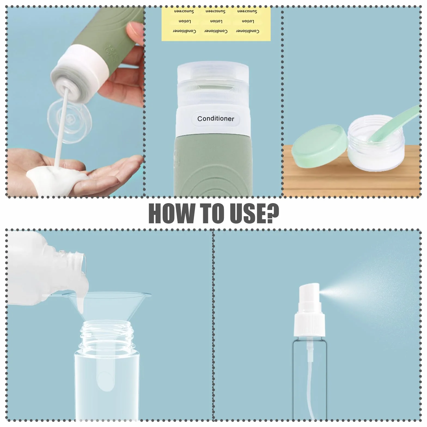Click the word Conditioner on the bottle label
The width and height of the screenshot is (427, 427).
pos(216,119)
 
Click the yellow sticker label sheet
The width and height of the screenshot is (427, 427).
pos(216,24)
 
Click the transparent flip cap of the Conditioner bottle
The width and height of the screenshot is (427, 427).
pos(213,87)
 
